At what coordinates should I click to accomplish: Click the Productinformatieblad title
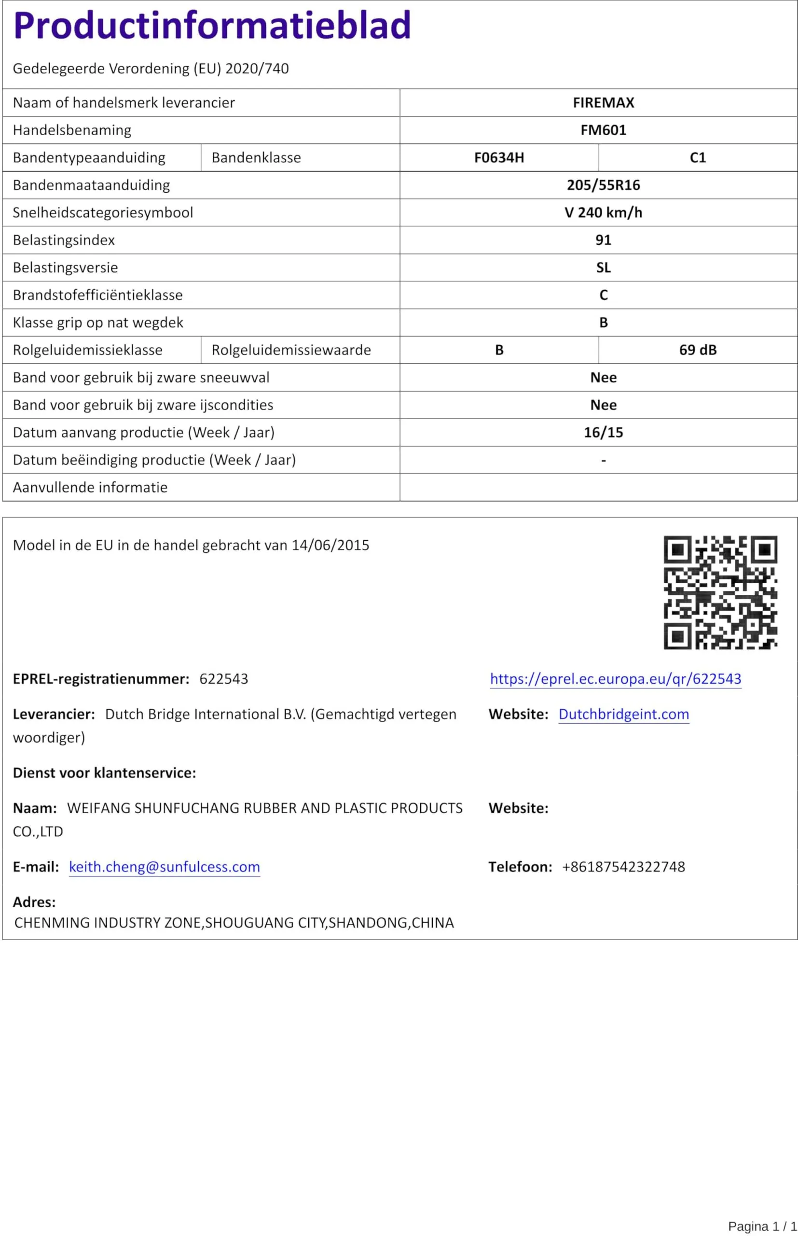click(212, 26)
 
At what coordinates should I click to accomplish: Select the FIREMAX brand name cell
click(603, 103)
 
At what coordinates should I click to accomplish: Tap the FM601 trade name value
click(603, 130)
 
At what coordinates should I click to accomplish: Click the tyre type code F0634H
click(499, 157)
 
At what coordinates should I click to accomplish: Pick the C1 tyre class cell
click(698, 157)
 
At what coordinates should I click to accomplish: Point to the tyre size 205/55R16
click(603, 185)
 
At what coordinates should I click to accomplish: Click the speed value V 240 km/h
click(603, 212)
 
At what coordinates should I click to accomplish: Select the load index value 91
click(603, 240)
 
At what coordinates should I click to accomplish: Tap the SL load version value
click(603, 267)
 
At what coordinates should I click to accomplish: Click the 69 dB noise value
click(698, 350)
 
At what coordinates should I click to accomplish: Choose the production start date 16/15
click(603, 433)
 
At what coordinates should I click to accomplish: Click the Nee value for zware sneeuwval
click(603, 378)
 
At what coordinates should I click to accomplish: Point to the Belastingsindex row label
click(64, 240)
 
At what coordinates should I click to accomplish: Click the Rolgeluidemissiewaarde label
click(291, 350)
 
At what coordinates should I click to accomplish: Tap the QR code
click(720, 592)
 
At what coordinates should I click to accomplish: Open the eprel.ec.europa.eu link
click(616, 679)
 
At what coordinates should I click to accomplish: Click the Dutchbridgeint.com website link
click(623, 714)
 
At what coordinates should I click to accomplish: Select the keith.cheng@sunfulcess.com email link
click(164, 867)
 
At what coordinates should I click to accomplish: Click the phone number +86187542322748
click(623, 867)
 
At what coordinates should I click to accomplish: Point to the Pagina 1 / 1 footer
click(762, 1226)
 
